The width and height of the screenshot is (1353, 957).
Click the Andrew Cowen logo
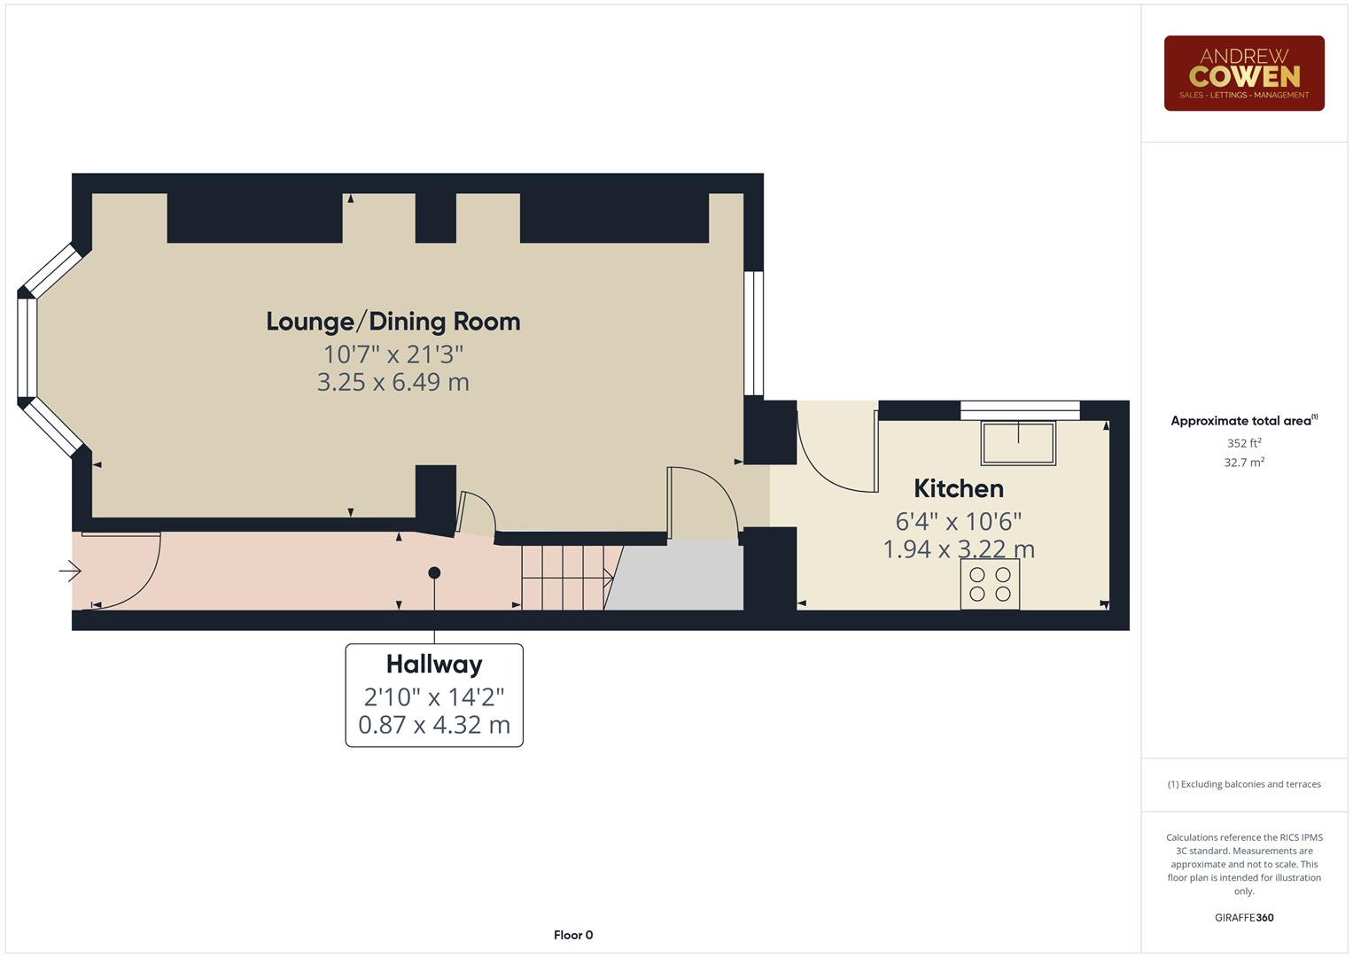(1243, 74)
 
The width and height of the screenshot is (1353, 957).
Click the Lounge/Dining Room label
(393, 322)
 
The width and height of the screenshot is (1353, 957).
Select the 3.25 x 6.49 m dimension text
(393, 383)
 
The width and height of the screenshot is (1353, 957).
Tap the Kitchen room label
(958, 488)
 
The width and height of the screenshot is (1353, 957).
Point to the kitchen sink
(1018, 443)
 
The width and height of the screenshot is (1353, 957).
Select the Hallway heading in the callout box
(433, 665)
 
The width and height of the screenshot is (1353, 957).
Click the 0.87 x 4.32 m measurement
(433, 725)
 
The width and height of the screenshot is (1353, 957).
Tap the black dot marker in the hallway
(434, 573)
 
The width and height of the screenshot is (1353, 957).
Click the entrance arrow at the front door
(70, 572)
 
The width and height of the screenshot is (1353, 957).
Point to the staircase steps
(564, 578)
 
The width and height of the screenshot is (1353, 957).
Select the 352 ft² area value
(1243, 443)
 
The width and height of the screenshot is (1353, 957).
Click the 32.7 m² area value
(1243, 463)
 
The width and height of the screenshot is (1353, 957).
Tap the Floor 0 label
(572, 935)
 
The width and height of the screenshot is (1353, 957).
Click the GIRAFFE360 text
(1243, 918)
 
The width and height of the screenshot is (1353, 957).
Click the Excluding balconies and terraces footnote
(1243, 784)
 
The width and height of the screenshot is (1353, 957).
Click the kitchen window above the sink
(1020, 409)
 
